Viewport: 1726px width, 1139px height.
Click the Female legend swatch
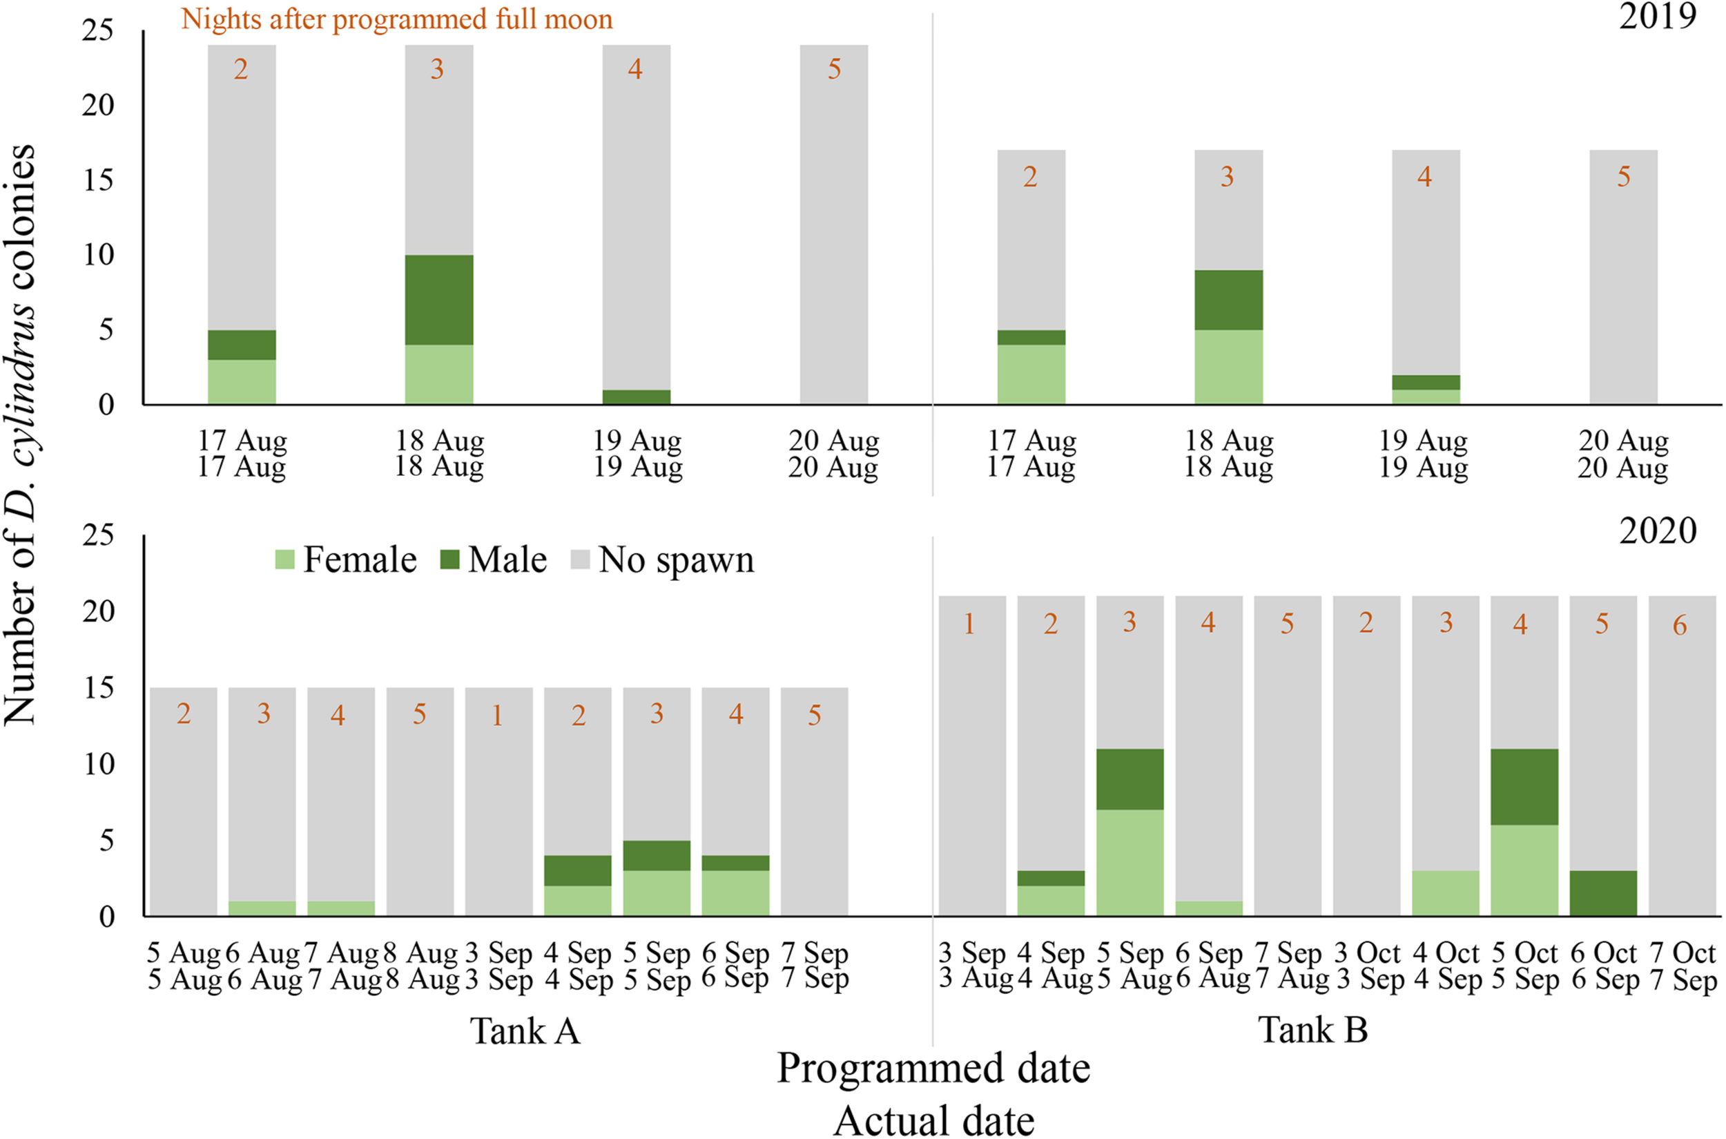coord(284,560)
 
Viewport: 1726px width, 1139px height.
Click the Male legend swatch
coord(450,560)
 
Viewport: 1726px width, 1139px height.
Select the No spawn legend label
coord(676,560)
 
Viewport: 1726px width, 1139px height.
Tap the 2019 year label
coord(1657,16)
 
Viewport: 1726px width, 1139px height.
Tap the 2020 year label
coord(1657,531)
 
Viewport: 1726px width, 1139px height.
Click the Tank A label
coord(525,1031)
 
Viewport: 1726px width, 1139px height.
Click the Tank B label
coord(1313,1029)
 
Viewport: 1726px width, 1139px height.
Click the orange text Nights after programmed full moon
coord(396,19)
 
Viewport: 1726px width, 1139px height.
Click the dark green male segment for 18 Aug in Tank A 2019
coord(438,299)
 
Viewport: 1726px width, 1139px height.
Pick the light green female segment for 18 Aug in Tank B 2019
coord(1229,367)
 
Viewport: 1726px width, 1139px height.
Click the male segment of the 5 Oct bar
coord(1524,787)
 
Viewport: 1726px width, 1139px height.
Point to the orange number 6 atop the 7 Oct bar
coord(1680,625)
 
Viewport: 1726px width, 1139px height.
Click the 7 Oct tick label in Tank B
coord(1682,953)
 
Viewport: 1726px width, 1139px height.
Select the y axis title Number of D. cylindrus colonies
coord(20,434)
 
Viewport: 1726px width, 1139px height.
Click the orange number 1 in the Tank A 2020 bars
coord(497,716)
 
